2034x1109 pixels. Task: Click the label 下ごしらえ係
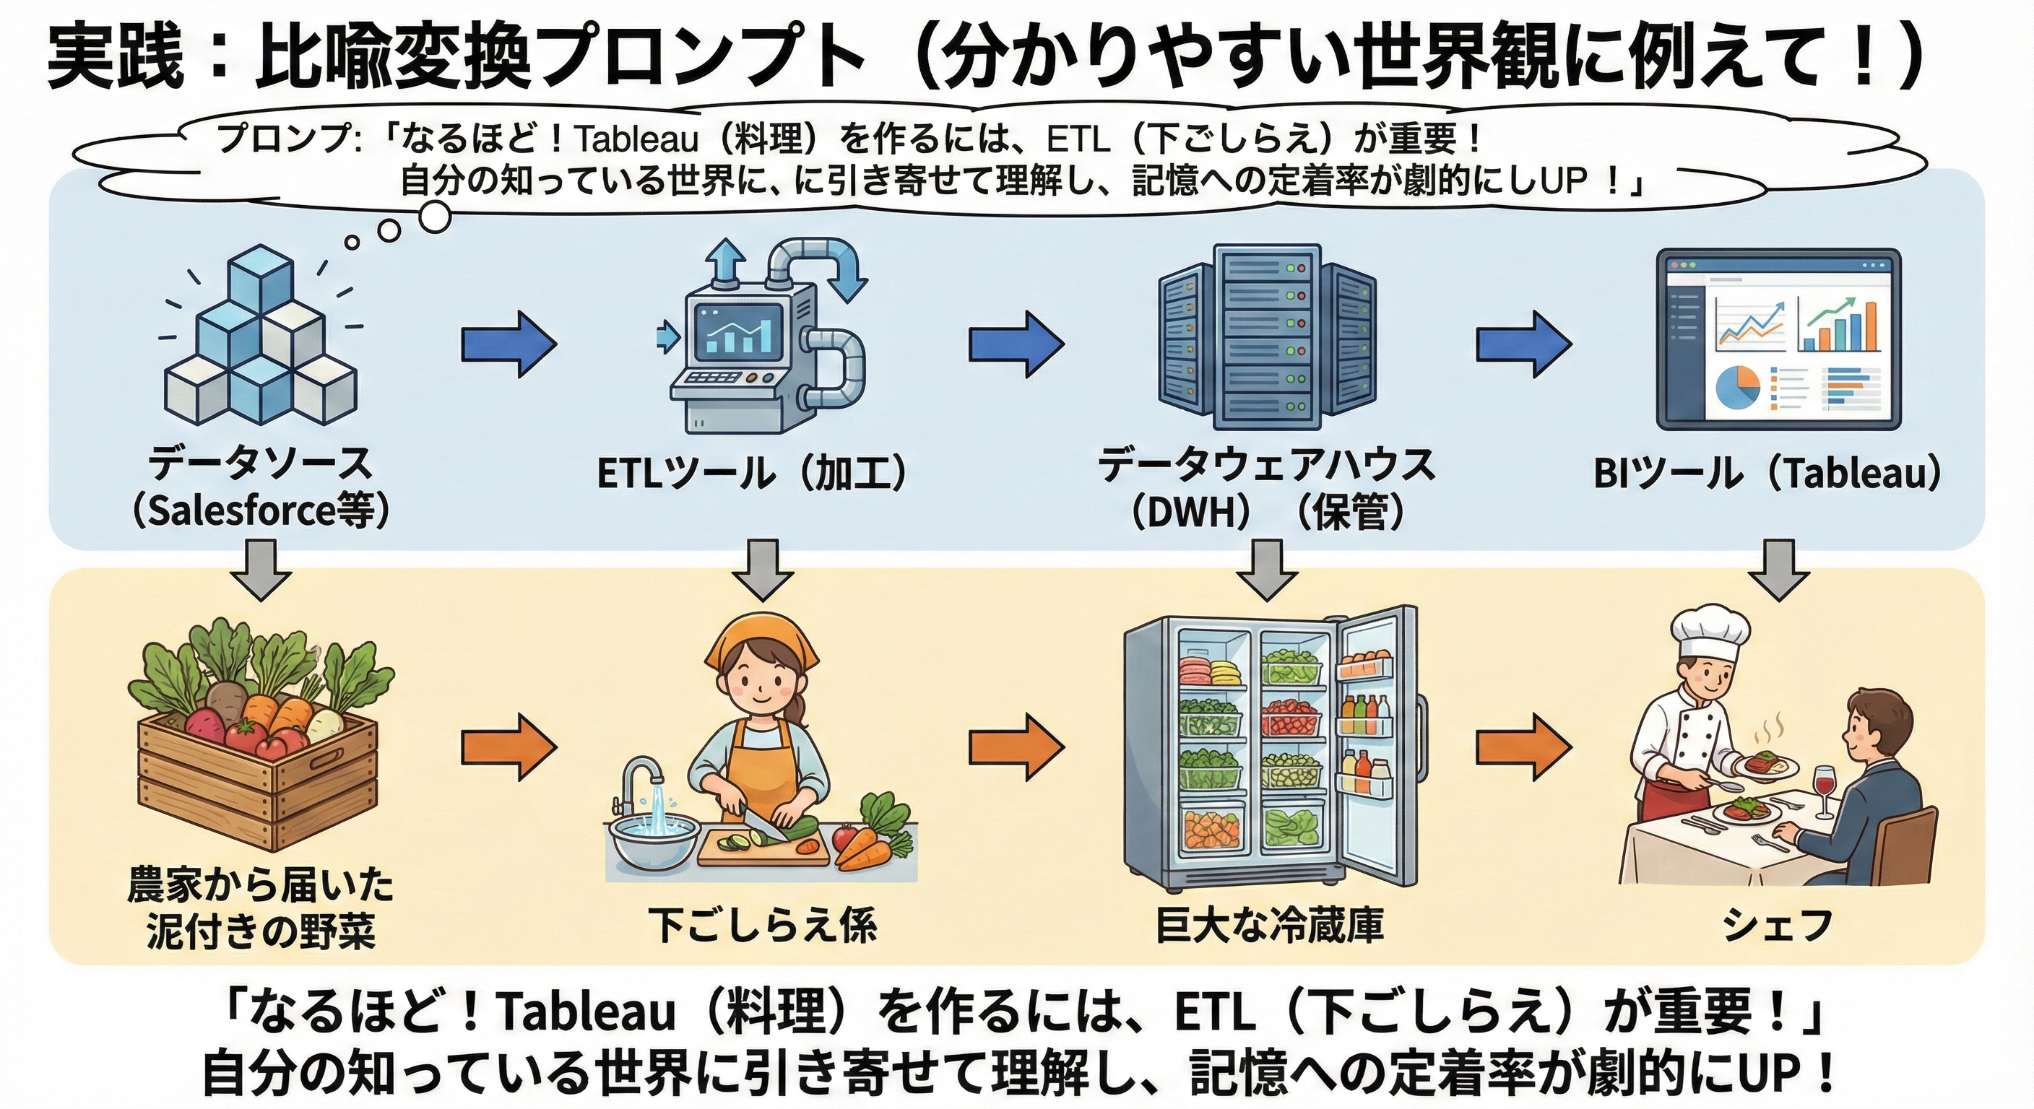(x=763, y=924)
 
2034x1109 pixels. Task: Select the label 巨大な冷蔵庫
(x=1270, y=924)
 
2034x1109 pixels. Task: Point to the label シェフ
(x=1777, y=924)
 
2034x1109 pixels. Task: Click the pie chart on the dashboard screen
(x=1737, y=388)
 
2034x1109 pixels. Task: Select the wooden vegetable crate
(x=257, y=786)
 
